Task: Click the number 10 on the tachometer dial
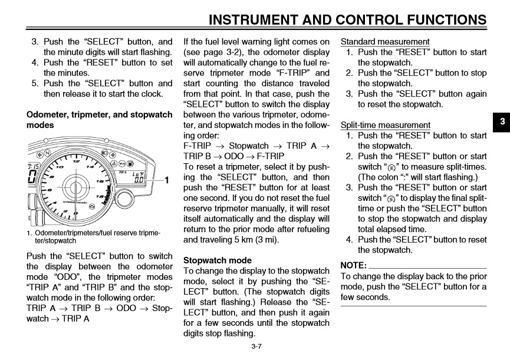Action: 59,167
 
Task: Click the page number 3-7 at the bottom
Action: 256,347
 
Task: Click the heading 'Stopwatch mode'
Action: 218,260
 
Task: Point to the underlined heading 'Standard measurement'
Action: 385,42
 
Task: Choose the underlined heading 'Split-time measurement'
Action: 386,125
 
